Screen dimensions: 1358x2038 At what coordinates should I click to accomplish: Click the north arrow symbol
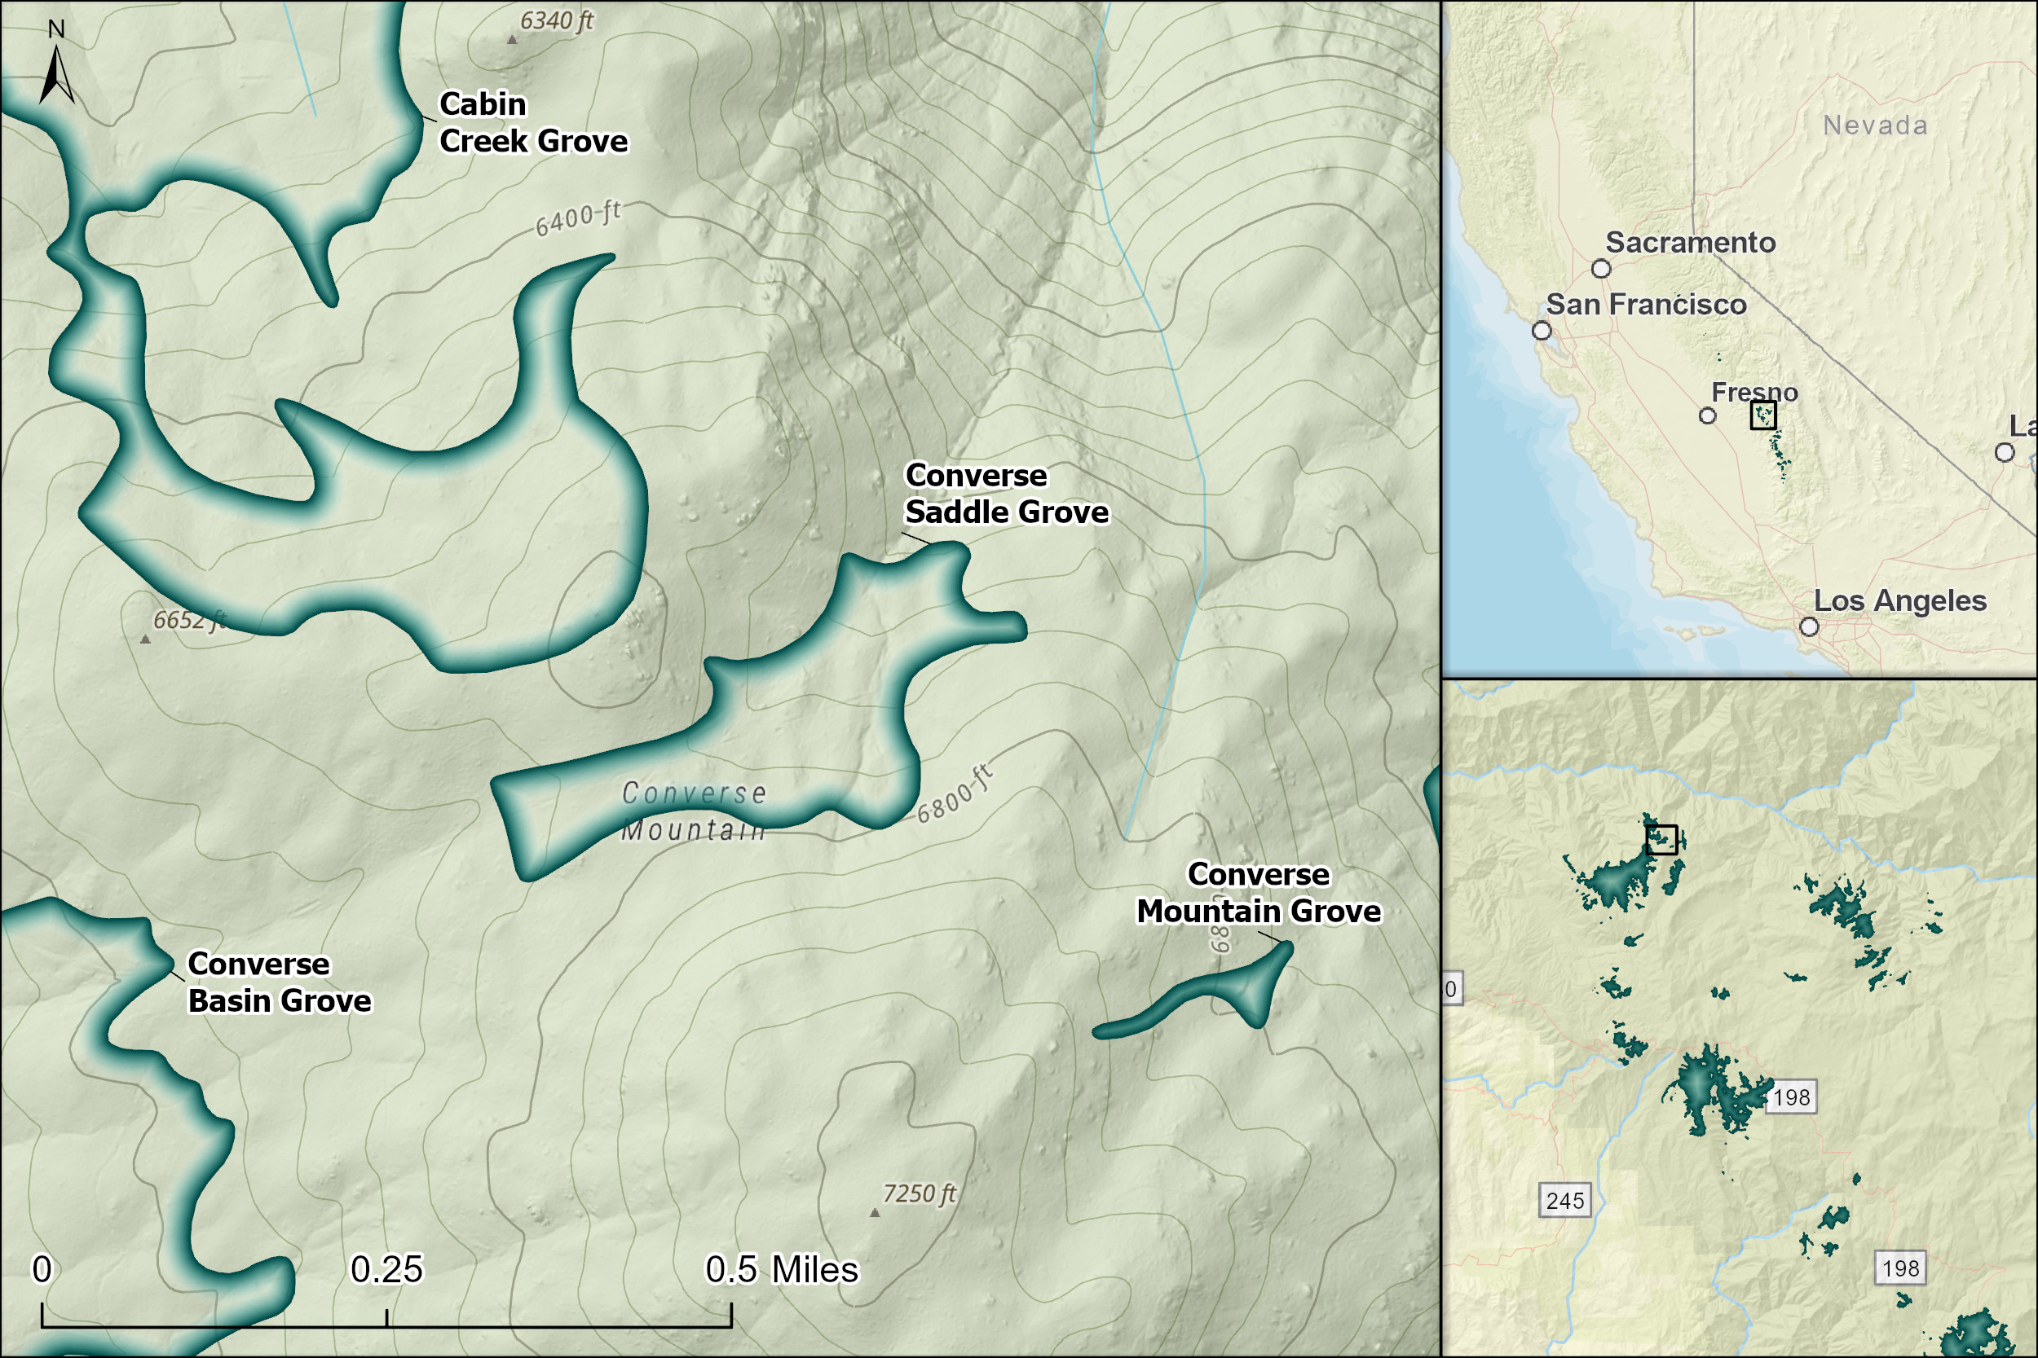56,73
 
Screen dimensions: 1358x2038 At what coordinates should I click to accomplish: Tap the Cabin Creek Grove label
533,122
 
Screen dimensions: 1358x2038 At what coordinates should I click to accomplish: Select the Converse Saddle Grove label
1006,494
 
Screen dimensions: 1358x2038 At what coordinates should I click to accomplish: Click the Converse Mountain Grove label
1258,893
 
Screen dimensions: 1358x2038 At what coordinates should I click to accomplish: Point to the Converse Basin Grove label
279,982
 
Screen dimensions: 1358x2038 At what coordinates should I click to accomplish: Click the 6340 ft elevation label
556,20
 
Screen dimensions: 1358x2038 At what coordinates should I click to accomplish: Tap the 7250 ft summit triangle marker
874,1212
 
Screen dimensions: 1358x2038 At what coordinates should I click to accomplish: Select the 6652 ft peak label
189,620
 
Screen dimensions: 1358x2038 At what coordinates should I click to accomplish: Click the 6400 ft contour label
578,218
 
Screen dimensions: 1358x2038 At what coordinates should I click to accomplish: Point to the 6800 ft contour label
954,795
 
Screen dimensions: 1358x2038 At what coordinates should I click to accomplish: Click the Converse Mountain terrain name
694,811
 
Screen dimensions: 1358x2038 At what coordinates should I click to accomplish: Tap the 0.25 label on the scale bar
386,1270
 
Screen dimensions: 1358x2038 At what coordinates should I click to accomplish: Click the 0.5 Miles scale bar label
782,1270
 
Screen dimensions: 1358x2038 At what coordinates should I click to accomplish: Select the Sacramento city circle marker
1601,269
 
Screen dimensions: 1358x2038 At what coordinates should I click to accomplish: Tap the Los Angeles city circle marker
1809,626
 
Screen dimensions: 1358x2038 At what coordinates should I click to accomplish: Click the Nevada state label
1875,125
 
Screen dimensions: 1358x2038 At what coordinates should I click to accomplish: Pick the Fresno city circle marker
1707,415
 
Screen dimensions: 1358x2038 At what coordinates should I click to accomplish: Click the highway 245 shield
1565,1201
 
